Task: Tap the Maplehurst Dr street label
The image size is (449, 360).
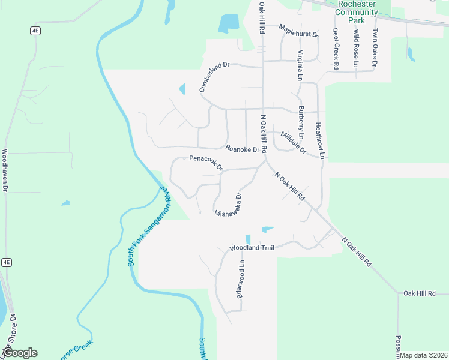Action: pyautogui.click(x=298, y=34)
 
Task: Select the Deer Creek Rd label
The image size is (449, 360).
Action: pyautogui.click(x=336, y=48)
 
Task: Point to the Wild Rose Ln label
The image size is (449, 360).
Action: pyautogui.click(x=356, y=48)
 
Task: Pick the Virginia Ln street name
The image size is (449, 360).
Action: pyautogui.click(x=300, y=65)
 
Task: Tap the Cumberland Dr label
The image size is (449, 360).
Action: pyautogui.click(x=214, y=77)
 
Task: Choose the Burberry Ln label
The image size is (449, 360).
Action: pyautogui.click(x=301, y=124)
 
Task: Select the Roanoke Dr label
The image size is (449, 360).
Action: pyautogui.click(x=242, y=149)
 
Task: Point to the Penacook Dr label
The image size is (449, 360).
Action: pyautogui.click(x=206, y=162)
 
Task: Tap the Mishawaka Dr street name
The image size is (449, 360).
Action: pyautogui.click(x=229, y=205)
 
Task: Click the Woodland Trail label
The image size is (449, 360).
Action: pyautogui.click(x=251, y=248)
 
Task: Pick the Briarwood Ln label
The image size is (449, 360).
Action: pyautogui.click(x=241, y=279)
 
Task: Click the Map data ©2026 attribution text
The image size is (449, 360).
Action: pyautogui.click(x=424, y=356)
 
